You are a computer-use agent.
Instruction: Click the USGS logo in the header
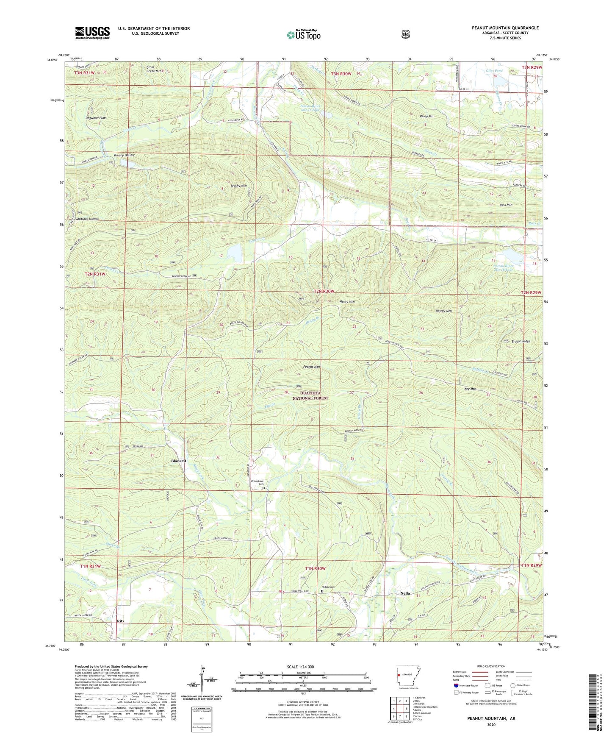92,32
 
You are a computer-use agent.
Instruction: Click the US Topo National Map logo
303,34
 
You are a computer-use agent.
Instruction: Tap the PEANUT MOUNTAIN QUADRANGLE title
505,28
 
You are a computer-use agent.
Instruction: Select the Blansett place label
178,461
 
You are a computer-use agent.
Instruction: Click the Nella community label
405,593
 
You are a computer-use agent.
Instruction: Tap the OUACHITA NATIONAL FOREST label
310,395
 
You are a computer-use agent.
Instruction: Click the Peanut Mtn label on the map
311,367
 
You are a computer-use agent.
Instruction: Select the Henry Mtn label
347,302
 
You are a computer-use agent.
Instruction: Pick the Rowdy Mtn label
443,311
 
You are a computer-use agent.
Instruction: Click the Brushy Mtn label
238,186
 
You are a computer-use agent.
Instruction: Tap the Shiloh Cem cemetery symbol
322,592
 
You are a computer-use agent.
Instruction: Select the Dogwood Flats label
96,118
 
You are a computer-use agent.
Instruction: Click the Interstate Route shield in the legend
456,685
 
